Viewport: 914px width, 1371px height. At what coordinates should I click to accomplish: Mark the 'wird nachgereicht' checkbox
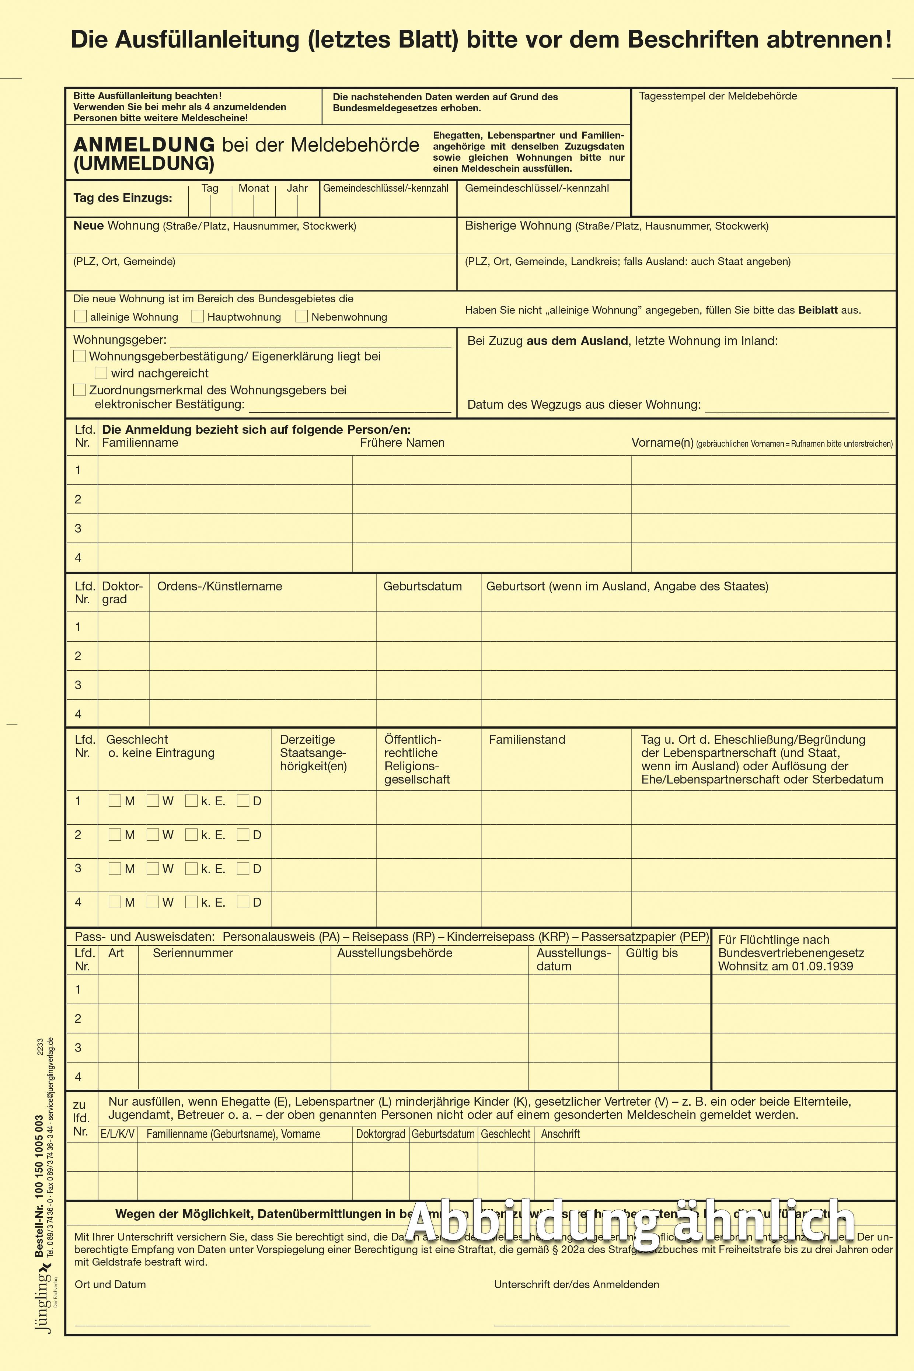pos(101,373)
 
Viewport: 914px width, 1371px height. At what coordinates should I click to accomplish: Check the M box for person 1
pos(115,800)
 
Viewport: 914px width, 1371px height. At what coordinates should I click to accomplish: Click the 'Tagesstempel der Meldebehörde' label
pos(718,96)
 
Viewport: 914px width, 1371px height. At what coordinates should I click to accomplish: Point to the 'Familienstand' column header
pos(527,739)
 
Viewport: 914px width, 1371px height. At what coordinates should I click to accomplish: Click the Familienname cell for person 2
pos(224,499)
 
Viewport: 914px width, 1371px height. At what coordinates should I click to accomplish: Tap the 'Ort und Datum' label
pos(110,1284)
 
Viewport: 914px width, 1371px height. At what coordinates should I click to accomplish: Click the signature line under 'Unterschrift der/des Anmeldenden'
pos(641,1324)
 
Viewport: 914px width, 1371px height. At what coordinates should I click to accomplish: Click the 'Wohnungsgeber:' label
pos(119,340)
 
